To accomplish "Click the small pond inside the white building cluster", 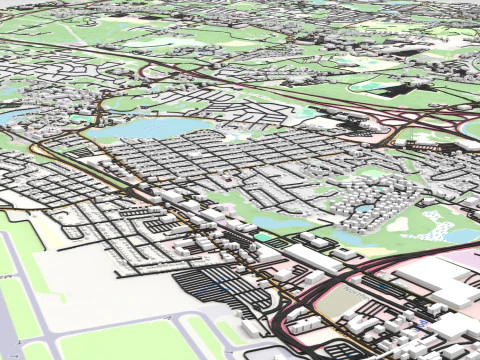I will [366, 210].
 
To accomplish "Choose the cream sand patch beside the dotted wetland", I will [400, 224].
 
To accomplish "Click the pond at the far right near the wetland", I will [462, 236].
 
